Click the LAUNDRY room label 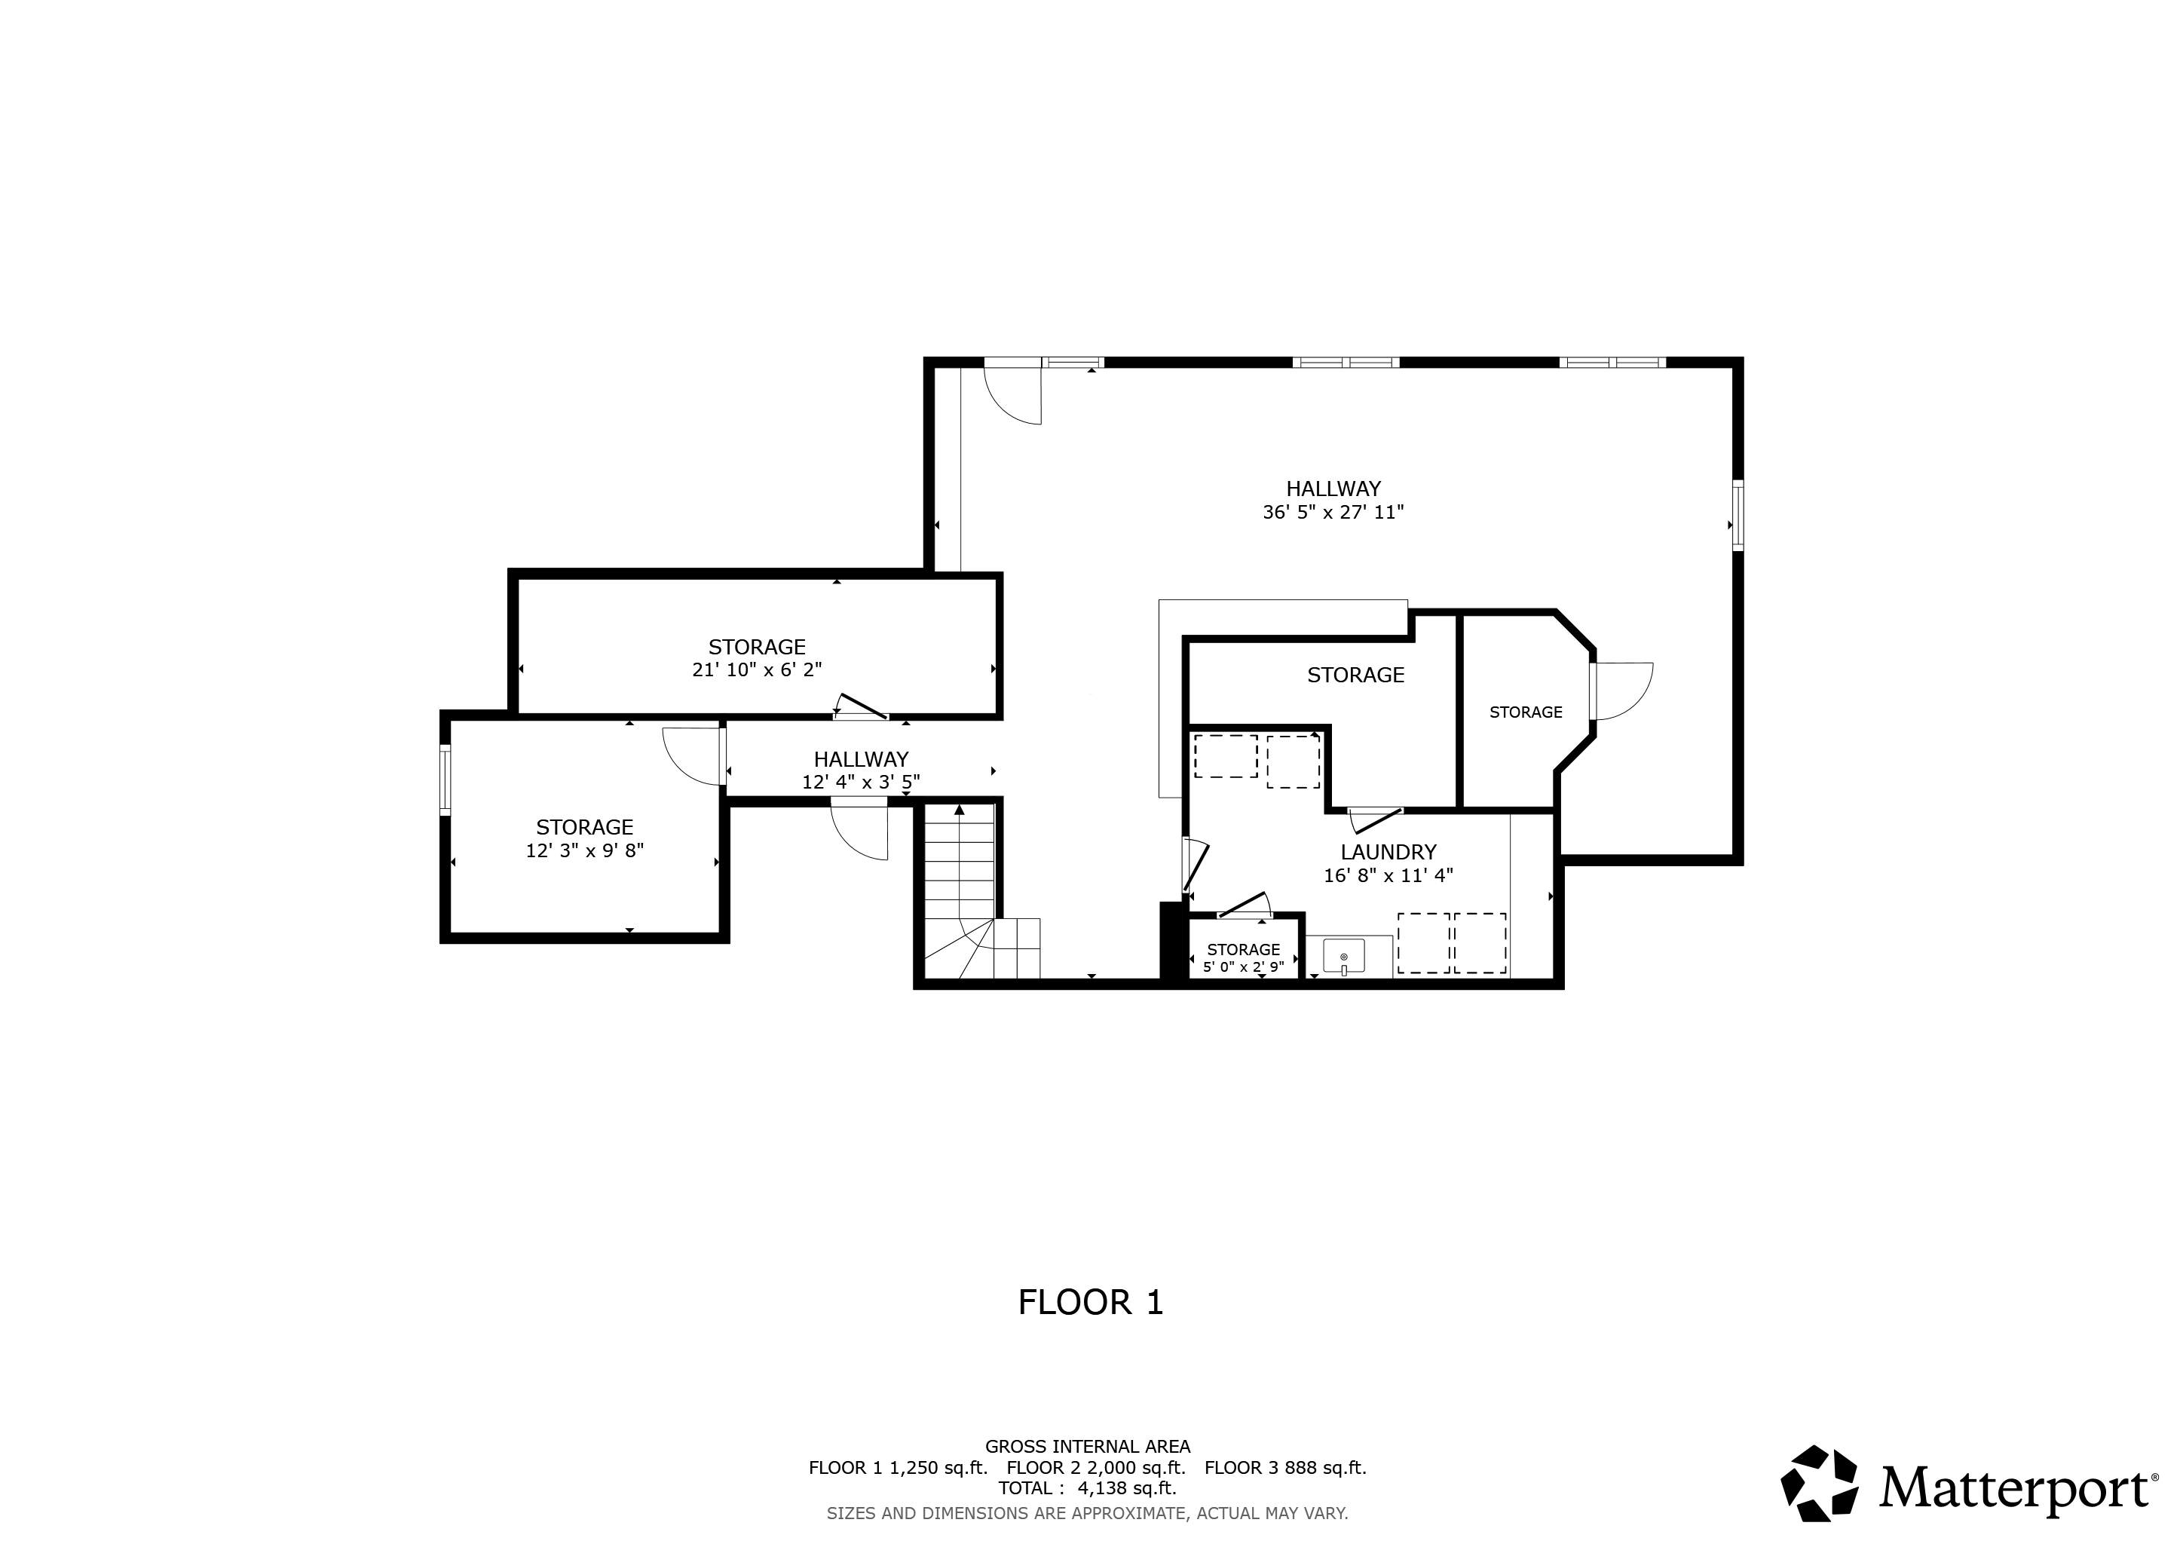pyautogui.click(x=1388, y=852)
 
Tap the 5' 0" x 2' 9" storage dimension pyautogui.click(x=1244, y=967)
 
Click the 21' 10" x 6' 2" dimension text pyautogui.click(x=757, y=670)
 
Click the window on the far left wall pyautogui.click(x=445, y=780)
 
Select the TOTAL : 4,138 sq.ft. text pyautogui.click(x=1088, y=1488)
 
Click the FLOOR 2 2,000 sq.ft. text pyautogui.click(x=1096, y=1467)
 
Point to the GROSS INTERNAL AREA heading pyautogui.click(x=1088, y=1447)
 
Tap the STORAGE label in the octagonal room pyautogui.click(x=1526, y=712)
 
